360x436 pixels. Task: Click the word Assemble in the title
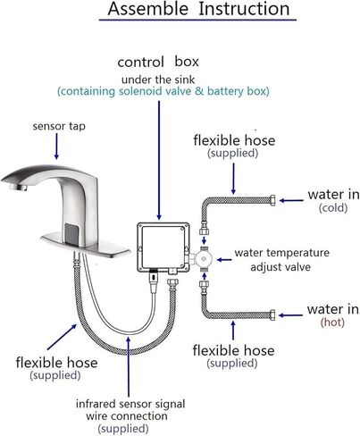[148, 9]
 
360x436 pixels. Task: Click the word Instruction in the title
[244, 9]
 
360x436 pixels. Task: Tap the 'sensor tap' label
[59, 126]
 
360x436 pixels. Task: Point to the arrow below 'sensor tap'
[56, 146]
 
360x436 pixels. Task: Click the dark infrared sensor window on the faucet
[72, 234]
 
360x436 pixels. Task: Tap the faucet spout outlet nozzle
[19, 187]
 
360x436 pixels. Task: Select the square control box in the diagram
[163, 247]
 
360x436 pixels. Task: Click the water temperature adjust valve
[204, 259]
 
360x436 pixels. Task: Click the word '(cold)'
[333, 208]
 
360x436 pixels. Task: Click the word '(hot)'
[332, 323]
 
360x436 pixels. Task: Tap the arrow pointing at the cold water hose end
[291, 200]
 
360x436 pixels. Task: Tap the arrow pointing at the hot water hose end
[290, 315]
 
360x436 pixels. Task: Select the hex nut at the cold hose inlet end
[272, 200]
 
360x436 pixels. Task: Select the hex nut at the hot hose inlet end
[272, 315]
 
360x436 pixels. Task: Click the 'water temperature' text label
[282, 253]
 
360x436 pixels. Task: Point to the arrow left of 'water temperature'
[224, 260]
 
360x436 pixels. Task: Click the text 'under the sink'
[158, 80]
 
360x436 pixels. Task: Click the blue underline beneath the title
[197, 20]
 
